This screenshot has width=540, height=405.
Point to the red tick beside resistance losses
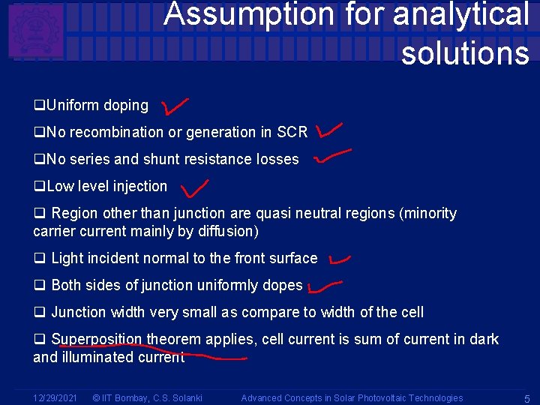(x=331, y=156)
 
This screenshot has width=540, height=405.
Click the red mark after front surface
(x=339, y=259)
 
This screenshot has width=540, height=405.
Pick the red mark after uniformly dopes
(x=325, y=285)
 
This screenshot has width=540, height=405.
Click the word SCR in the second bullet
(x=292, y=133)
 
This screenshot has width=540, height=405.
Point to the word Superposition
(x=97, y=339)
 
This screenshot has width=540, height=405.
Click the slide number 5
(x=527, y=397)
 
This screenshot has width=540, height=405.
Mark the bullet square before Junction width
(x=39, y=312)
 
